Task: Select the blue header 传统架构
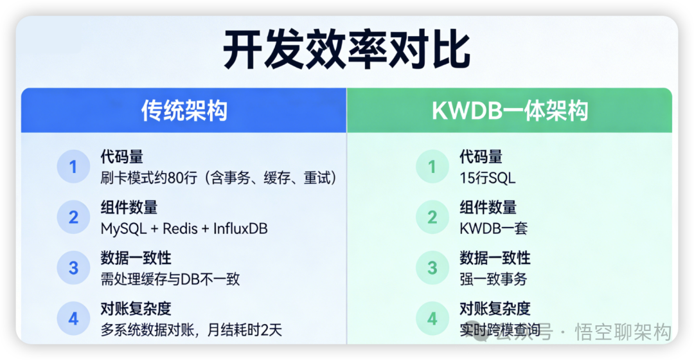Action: pos(184,111)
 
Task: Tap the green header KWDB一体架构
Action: pos(510,111)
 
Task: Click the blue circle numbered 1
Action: pos(73,167)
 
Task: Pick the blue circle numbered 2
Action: pos(73,217)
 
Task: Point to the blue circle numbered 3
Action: pos(73,267)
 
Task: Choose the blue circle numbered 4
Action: pos(73,318)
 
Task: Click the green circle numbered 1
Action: pos(432,167)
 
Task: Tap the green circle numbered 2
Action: pos(432,217)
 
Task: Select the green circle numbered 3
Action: pos(432,267)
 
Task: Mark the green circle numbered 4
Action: pos(432,318)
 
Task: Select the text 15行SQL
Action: pos(487,178)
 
